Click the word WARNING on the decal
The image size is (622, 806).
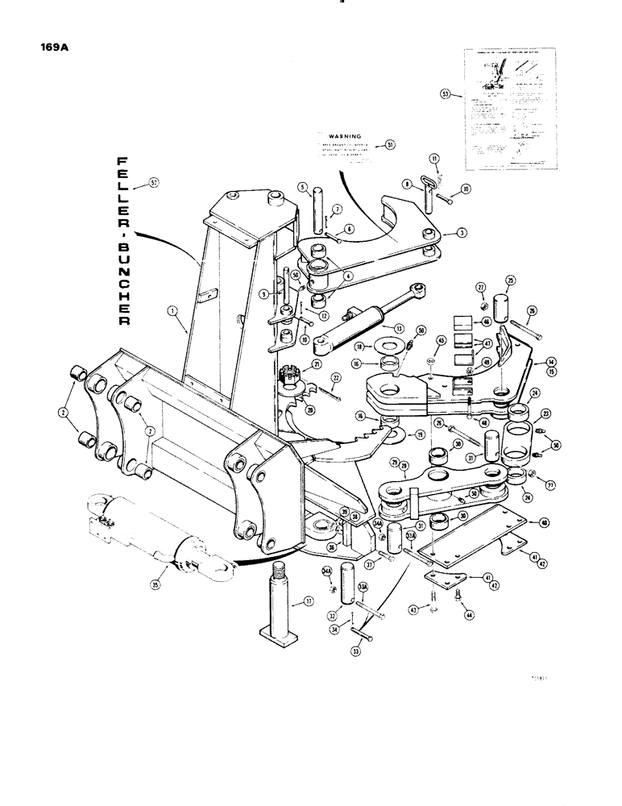pos(346,138)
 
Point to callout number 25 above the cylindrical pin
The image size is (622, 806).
pos(509,280)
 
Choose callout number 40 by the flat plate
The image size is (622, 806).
pos(545,522)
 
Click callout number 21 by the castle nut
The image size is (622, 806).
pos(317,364)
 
